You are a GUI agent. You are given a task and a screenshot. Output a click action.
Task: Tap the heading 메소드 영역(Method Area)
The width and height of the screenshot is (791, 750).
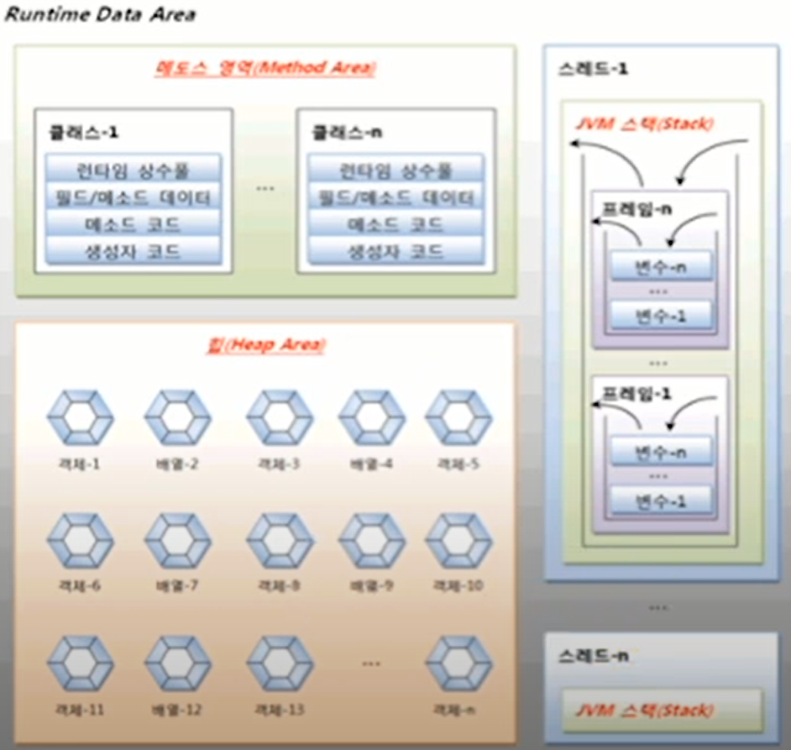[x=265, y=68]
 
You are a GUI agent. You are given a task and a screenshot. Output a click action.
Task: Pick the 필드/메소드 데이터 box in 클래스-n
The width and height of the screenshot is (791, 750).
[x=395, y=197]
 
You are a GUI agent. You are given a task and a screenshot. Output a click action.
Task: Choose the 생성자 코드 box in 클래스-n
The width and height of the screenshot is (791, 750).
[x=395, y=251]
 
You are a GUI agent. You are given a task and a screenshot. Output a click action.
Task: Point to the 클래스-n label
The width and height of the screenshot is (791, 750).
[x=343, y=132]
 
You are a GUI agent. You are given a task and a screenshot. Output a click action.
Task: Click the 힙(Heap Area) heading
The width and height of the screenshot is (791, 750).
[x=265, y=344]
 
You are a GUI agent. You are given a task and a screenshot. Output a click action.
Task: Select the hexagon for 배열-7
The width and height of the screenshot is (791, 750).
[x=176, y=539]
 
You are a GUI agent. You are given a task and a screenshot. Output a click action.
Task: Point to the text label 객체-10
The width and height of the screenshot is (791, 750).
[x=458, y=585]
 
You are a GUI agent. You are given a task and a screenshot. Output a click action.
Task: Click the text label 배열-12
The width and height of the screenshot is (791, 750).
[x=176, y=710]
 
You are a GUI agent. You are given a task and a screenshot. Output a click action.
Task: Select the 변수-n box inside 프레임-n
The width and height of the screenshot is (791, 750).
[x=660, y=267]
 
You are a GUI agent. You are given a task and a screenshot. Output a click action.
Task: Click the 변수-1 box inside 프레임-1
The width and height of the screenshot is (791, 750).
[x=660, y=501]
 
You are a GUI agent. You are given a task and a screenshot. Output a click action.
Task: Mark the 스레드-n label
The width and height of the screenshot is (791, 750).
[x=592, y=656]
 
